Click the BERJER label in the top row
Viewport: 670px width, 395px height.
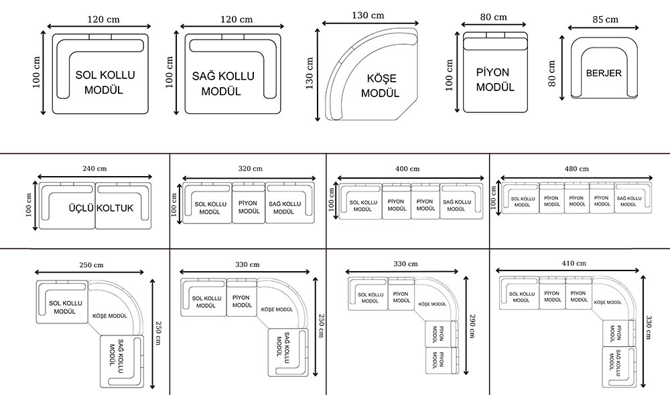pos(603,72)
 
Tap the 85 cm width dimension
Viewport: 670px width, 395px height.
pos(605,19)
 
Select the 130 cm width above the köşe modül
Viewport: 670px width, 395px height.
pos(368,15)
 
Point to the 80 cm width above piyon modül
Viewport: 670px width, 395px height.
pos(494,17)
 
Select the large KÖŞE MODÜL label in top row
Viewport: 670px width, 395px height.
pos(380,86)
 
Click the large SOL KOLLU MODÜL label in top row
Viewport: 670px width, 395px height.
pos(105,82)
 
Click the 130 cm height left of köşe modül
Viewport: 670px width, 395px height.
pos(310,72)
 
